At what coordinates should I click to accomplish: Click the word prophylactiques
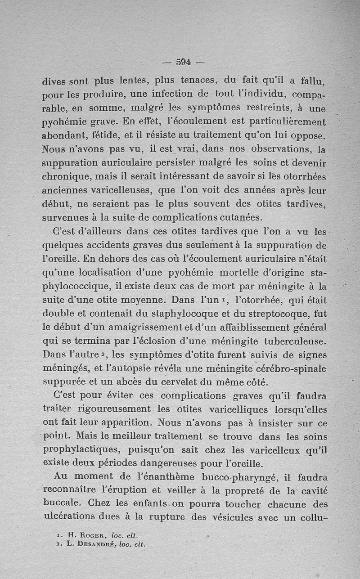[82, 450]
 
